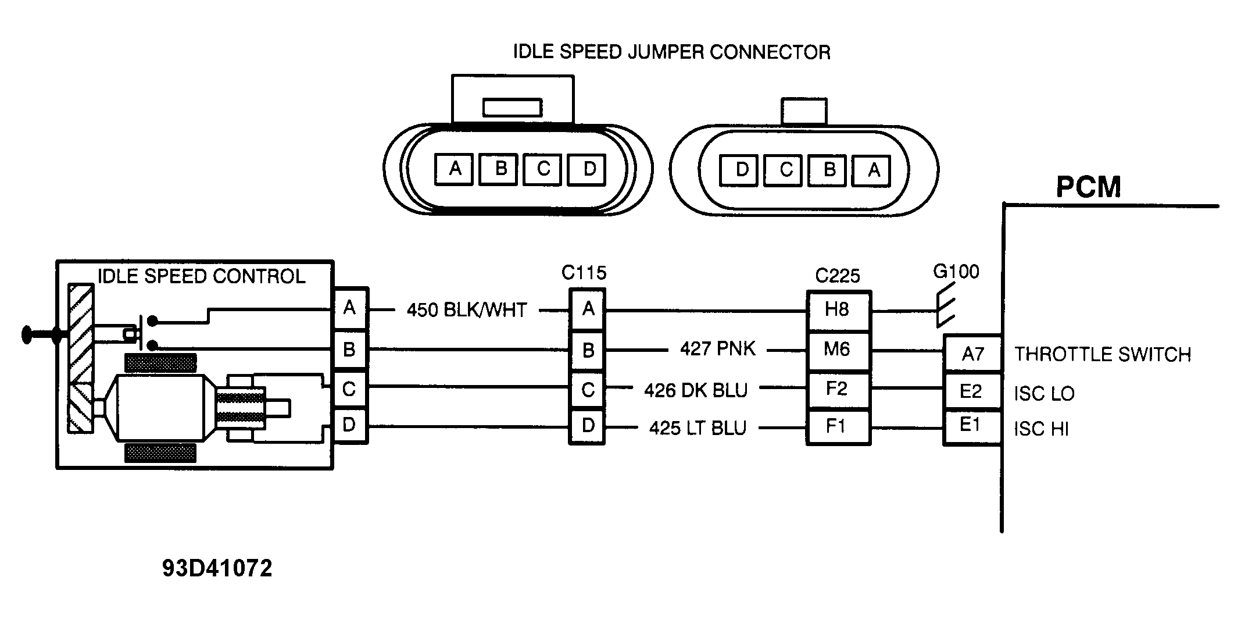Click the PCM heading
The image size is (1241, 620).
tap(1088, 187)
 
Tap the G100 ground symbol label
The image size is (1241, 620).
tap(956, 272)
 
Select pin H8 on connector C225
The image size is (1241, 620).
tap(837, 310)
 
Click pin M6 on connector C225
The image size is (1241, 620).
tap(837, 350)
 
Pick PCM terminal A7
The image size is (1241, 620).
tap(972, 354)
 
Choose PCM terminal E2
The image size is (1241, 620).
tap(971, 391)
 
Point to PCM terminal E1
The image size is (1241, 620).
tap(971, 426)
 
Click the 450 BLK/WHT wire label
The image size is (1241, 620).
tap(466, 310)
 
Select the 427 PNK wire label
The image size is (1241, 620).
tap(718, 349)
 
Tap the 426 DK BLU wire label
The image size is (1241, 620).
tap(696, 390)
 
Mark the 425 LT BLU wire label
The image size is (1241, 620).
tap(698, 428)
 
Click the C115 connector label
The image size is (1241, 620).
tap(584, 273)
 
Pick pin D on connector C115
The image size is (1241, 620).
tap(587, 426)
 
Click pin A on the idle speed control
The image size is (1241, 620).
tap(349, 308)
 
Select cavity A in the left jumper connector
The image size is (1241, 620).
tap(455, 169)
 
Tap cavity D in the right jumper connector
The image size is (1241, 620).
tap(741, 170)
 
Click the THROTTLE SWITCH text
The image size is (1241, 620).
tap(1102, 354)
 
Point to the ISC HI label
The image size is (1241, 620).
tap(1041, 429)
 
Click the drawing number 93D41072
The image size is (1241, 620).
tap(217, 569)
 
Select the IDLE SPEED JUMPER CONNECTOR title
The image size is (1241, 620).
tap(671, 52)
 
